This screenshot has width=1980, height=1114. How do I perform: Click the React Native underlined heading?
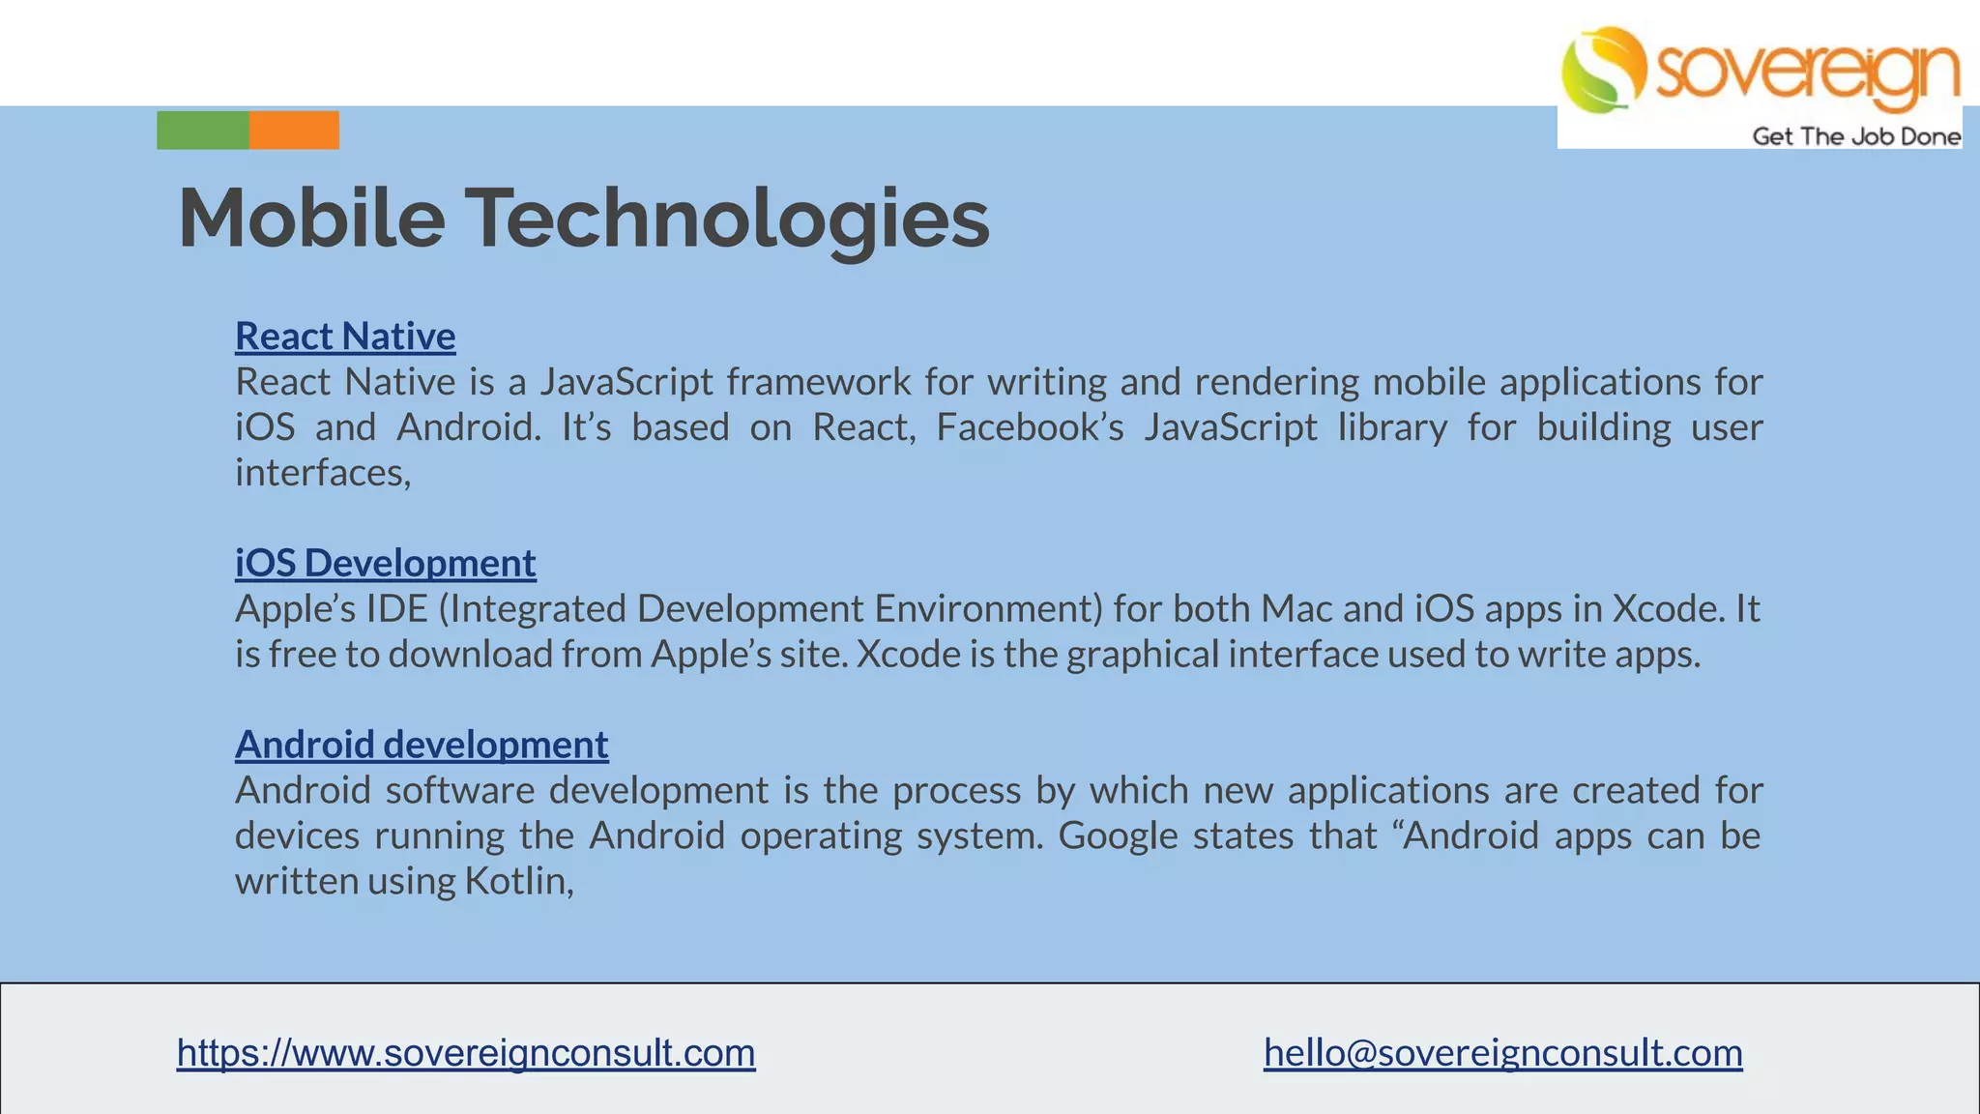click(345, 337)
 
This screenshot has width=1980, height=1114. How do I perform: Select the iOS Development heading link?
click(385, 563)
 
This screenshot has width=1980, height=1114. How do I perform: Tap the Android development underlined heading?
click(422, 745)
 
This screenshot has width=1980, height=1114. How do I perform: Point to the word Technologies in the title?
click(729, 220)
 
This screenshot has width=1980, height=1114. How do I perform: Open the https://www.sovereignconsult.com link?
click(466, 1052)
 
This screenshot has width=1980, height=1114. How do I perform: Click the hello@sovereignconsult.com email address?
click(1502, 1052)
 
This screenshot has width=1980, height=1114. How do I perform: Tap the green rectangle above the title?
click(203, 131)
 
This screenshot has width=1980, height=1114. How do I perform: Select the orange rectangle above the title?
click(294, 131)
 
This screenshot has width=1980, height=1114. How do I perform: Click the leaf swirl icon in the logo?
click(1602, 70)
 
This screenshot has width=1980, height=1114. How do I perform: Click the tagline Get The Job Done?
click(1856, 136)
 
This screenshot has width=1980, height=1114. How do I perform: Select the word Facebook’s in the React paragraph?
click(1030, 427)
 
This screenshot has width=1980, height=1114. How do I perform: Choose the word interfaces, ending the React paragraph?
click(323, 473)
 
